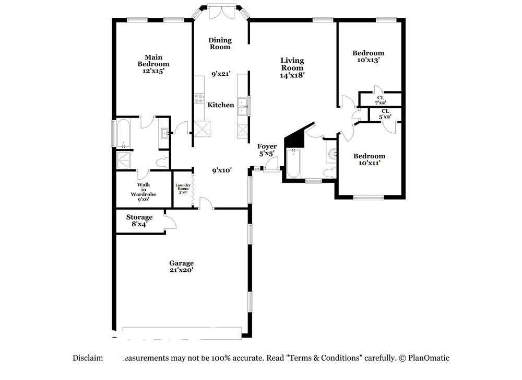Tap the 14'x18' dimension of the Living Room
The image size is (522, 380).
pyautogui.click(x=292, y=75)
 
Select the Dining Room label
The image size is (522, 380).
pyautogui.click(x=220, y=43)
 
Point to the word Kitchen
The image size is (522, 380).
pyautogui.click(x=221, y=105)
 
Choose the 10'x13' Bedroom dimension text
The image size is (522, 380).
pyautogui.click(x=368, y=60)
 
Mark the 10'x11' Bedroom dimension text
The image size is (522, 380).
pyautogui.click(x=369, y=163)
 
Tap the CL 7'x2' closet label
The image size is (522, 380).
pyautogui.click(x=381, y=100)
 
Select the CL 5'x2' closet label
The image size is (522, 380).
pyautogui.click(x=385, y=114)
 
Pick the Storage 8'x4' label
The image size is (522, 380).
pyautogui.click(x=139, y=220)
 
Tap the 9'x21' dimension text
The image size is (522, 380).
pyautogui.click(x=221, y=74)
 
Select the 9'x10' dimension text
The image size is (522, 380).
pyautogui.click(x=221, y=170)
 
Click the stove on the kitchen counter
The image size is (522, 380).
pyautogui.click(x=199, y=97)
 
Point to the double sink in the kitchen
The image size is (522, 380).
pyautogui.click(x=242, y=106)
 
